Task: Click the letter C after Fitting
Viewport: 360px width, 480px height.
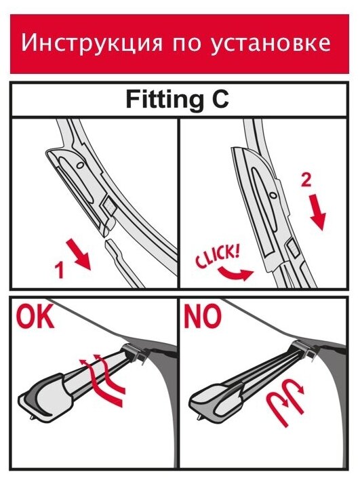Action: point(220,99)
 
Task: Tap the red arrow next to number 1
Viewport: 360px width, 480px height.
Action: point(79,255)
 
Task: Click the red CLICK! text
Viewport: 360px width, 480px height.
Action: point(218,255)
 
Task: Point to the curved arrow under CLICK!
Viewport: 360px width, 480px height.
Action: point(236,273)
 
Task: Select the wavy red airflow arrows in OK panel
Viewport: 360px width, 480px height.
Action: point(102,379)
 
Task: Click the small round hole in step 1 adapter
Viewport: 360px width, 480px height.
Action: point(81,165)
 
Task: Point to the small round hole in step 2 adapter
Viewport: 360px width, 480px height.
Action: point(272,195)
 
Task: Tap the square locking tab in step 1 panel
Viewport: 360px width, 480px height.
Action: point(108,205)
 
